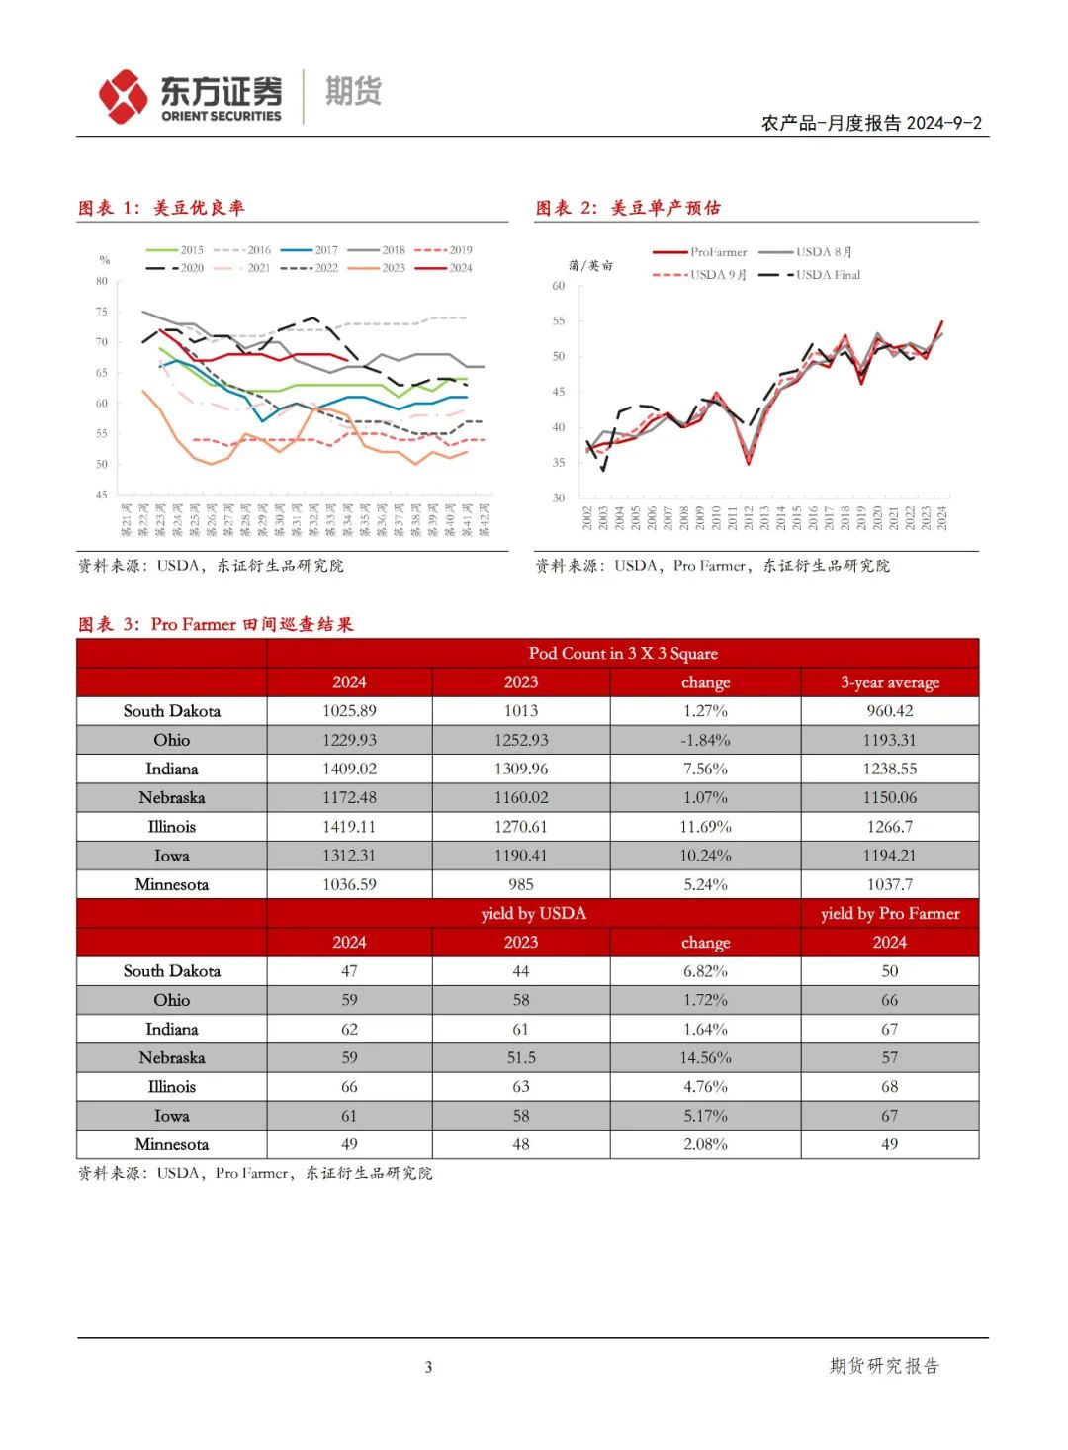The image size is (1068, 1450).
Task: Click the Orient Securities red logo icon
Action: pyautogui.click(x=123, y=96)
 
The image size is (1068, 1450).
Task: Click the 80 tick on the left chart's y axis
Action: pyautogui.click(x=102, y=281)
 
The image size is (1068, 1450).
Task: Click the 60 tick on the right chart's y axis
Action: pyautogui.click(x=559, y=286)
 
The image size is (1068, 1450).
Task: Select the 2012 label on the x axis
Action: pyautogui.click(x=749, y=518)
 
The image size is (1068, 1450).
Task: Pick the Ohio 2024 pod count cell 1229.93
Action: pyautogui.click(x=349, y=740)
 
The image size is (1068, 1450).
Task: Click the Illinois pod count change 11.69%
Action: pyautogui.click(x=705, y=827)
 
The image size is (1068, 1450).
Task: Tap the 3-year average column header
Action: pyautogui.click(x=889, y=682)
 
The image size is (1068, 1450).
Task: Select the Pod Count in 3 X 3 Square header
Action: pyautogui.click(x=622, y=653)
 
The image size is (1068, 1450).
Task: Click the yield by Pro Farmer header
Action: pyautogui.click(x=889, y=913)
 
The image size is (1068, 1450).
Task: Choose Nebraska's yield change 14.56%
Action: pyautogui.click(x=705, y=1057)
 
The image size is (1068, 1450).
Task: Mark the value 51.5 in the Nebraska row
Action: pyautogui.click(x=521, y=1057)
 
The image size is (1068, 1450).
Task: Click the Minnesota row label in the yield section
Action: pyautogui.click(x=172, y=1144)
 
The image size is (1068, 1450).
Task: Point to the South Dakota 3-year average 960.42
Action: pyautogui.click(x=889, y=711)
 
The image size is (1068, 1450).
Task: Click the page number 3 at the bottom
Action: pyautogui.click(x=428, y=1367)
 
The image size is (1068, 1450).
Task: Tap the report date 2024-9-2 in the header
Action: pyautogui.click(x=943, y=123)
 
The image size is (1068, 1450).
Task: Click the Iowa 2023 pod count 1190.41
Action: pyautogui.click(x=521, y=856)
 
